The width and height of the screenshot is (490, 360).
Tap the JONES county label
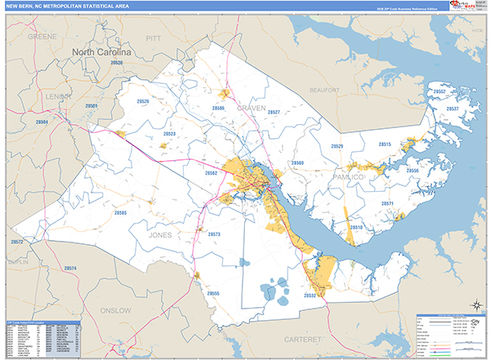point(161,235)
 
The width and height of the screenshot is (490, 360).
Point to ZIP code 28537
point(451,109)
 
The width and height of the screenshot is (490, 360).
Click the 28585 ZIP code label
point(120,212)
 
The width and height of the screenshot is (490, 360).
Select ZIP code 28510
point(357,228)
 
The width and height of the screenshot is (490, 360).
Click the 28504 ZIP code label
point(42,122)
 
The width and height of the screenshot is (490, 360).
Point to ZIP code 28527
point(274,112)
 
